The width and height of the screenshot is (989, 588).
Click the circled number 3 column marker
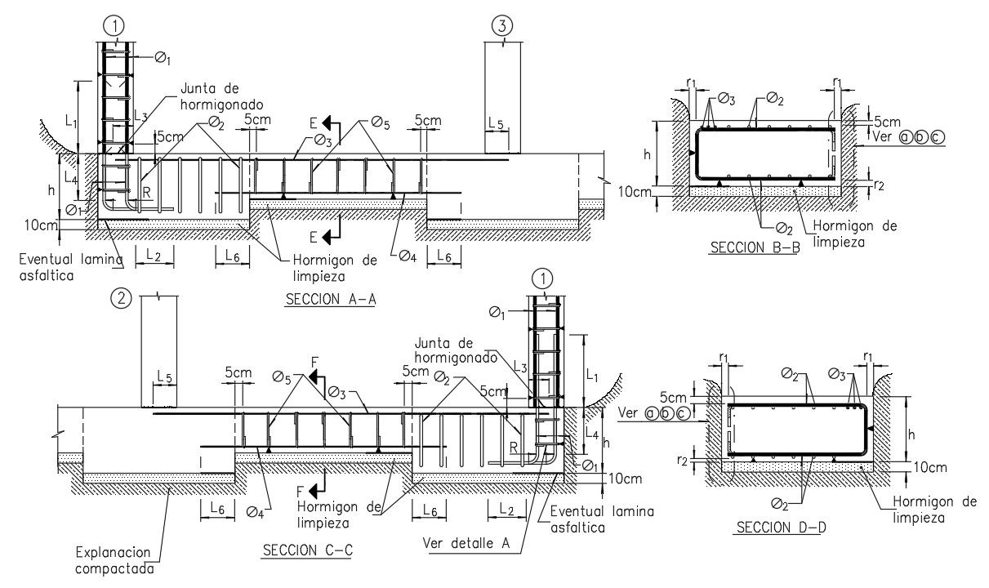point(502,26)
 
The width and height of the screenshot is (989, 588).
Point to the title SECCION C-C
point(307,550)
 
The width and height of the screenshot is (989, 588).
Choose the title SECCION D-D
point(782,528)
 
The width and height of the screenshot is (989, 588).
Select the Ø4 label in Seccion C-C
point(255,513)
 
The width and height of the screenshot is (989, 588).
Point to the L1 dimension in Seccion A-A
point(70,121)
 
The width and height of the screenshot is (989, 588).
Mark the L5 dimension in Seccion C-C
point(164,376)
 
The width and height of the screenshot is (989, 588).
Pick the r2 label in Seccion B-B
point(878,185)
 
